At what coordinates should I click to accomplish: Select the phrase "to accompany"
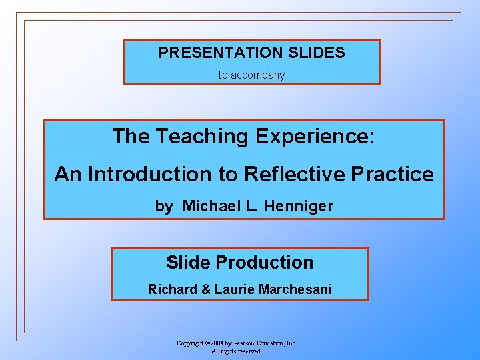251,75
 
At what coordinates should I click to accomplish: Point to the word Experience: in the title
314,137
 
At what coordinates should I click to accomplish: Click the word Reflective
293,175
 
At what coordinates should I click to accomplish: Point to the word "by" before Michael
163,207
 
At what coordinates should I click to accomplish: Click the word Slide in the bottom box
188,263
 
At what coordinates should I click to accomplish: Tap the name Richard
171,290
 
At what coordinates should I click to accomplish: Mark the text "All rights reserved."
237,351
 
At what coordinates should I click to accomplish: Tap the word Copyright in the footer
190,343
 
